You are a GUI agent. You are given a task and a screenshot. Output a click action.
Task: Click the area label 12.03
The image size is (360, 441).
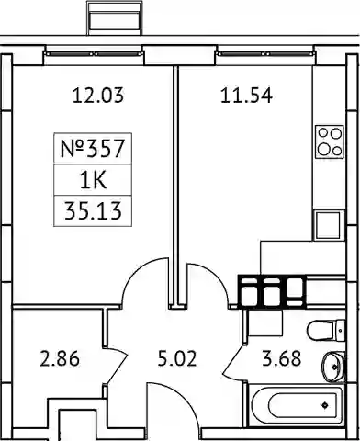[x=98, y=96]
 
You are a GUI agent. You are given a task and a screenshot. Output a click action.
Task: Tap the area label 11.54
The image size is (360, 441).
[x=246, y=96]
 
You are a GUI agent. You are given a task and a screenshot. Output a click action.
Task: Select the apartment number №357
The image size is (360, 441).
[x=93, y=148]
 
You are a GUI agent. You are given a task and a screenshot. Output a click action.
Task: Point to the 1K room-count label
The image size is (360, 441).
[x=93, y=181]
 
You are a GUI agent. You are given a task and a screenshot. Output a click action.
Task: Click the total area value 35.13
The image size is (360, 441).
[x=93, y=211]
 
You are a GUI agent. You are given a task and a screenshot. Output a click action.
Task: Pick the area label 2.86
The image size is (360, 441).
[x=60, y=358]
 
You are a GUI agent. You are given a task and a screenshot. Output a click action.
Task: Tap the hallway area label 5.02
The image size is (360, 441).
[x=177, y=358]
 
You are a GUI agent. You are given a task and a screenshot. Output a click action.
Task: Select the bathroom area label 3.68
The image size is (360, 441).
[x=282, y=358]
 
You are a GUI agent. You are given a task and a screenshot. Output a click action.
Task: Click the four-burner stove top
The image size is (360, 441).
[x=330, y=141]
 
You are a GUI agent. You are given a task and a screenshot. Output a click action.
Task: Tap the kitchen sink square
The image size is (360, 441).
[x=328, y=225]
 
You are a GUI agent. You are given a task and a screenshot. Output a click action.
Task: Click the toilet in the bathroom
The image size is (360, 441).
[x=326, y=330]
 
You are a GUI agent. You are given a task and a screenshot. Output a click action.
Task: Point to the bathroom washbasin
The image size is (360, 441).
[x=333, y=367]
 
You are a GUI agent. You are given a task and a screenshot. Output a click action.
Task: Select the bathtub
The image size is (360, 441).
[x=296, y=405]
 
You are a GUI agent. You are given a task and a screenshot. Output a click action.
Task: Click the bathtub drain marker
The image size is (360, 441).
[x=325, y=405]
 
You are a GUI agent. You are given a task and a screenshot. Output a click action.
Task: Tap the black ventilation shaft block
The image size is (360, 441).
[x=272, y=291]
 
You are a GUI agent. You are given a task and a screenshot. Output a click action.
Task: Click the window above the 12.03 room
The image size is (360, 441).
[x=94, y=54]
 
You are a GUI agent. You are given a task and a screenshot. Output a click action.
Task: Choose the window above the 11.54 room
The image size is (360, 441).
[x=265, y=54]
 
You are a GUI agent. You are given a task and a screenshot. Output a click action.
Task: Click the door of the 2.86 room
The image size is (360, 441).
[x=117, y=367]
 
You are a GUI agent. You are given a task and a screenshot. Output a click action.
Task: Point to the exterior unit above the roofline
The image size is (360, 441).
[x=115, y=18]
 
